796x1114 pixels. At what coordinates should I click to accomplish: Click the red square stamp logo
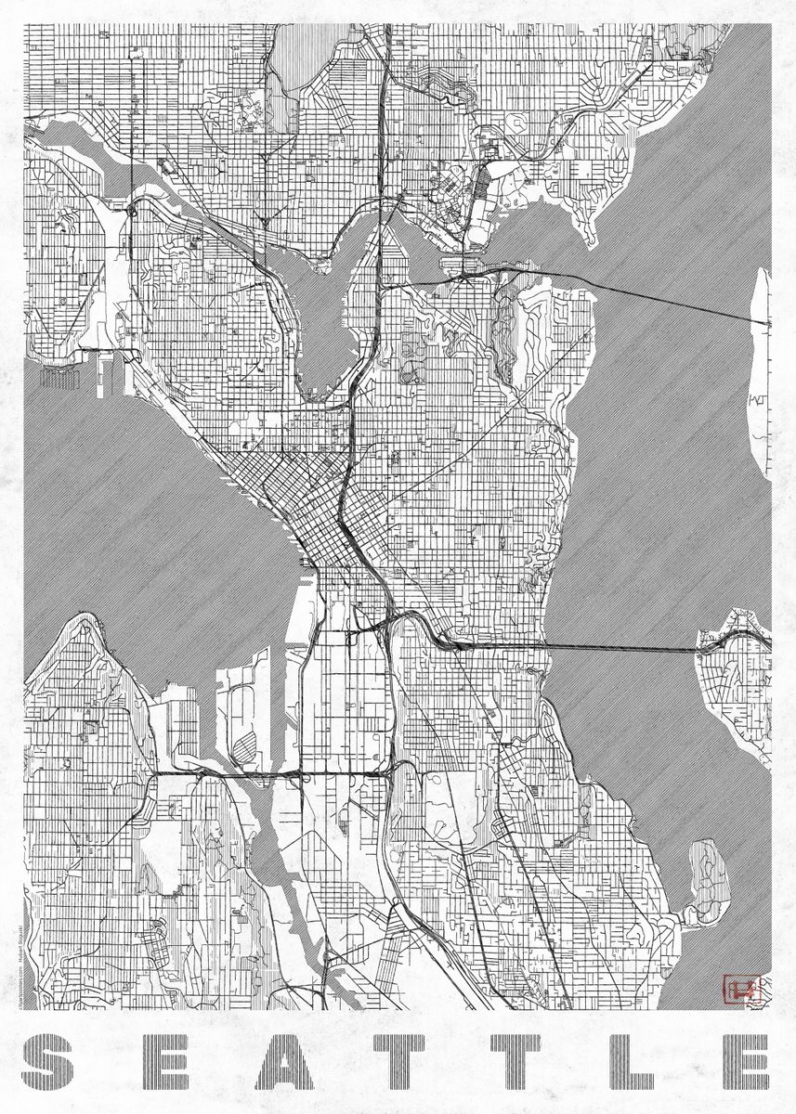tap(746, 989)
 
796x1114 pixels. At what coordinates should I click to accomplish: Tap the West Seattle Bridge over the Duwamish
tap(269, 772)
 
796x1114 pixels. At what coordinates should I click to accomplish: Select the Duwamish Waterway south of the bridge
tap(279, 863)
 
